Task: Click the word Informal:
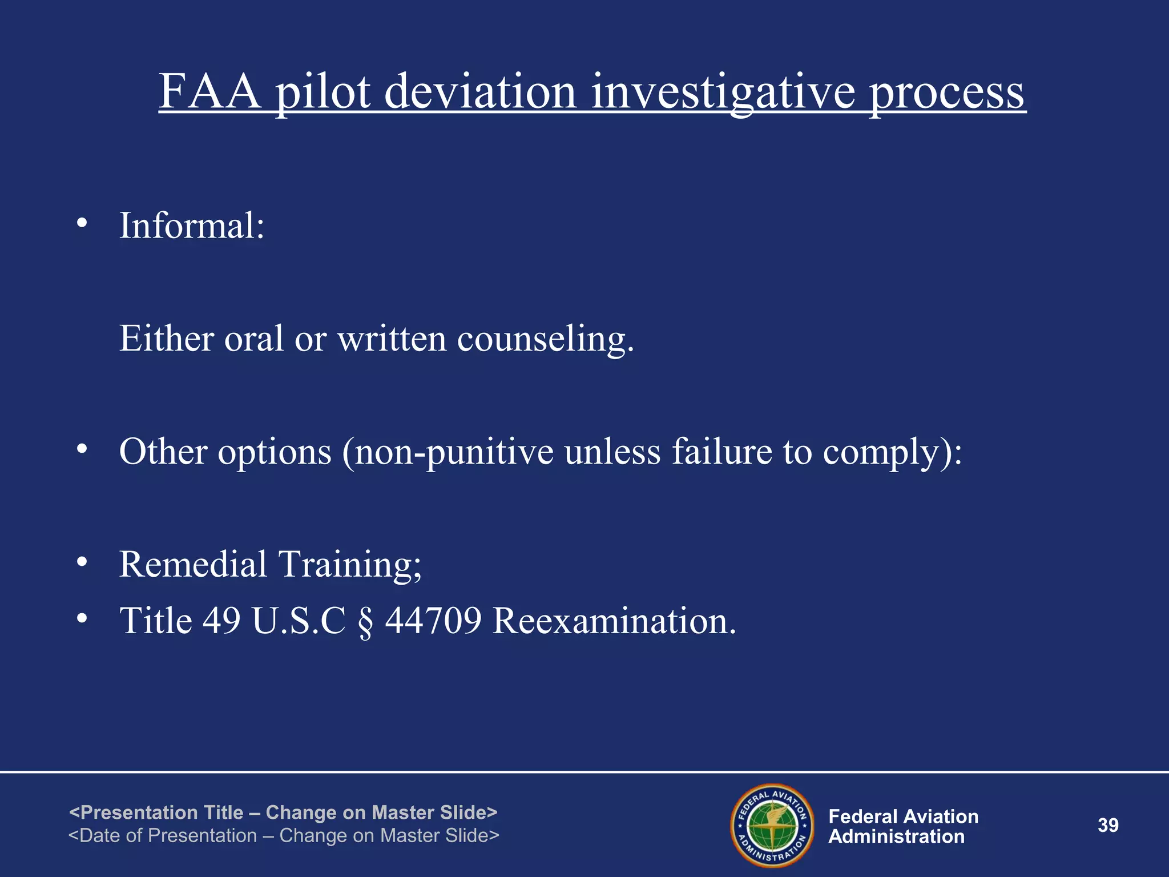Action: (192, 226)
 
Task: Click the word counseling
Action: (545, 339)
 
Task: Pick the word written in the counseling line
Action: (392, 339)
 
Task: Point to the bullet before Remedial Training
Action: (82, 562)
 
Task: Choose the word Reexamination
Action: (614, 621)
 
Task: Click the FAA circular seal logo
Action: (772, 825)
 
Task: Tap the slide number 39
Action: (1108, 825)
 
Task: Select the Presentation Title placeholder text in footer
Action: (283, 812)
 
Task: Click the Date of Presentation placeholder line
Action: (284, 836)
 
